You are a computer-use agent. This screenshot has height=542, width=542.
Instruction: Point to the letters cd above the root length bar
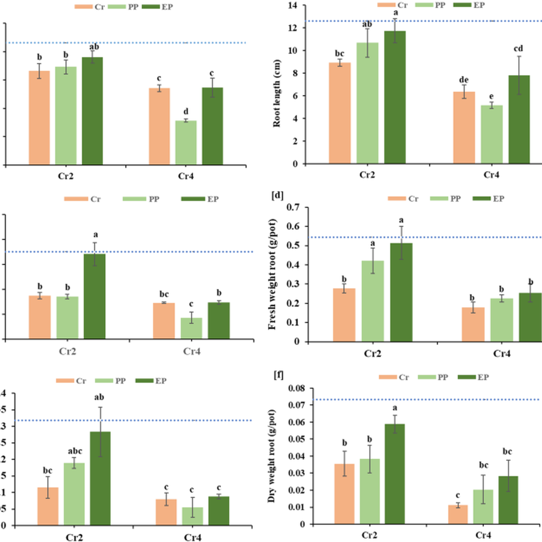click(x=519, y=49)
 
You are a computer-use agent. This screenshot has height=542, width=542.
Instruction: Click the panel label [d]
click(x=277, y=195)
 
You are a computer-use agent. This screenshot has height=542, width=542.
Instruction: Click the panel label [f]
click(x=278, y=375)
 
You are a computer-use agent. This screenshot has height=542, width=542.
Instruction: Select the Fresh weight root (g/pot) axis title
click(x=272, y=275)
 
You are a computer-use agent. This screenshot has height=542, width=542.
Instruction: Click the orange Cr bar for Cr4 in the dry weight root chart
click(x=458, y=514)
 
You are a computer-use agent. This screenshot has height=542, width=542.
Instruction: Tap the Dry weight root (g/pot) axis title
click(x=271, y=456)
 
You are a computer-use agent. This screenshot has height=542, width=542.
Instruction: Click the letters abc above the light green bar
click(x=75, y=451)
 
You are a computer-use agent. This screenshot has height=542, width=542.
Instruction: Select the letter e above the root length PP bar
click(x=491, y=97)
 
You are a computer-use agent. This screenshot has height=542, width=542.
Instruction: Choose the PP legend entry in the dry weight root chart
click(x=438, y=377)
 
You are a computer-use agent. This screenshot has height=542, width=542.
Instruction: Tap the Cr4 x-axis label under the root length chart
click(x=491, y=175)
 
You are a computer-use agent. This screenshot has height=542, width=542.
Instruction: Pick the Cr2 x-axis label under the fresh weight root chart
click(x=372, y=354)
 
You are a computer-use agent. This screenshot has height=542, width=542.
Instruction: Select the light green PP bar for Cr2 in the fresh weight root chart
click(x=373, y=301)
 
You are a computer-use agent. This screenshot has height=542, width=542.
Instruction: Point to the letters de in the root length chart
click(x=464, y=80)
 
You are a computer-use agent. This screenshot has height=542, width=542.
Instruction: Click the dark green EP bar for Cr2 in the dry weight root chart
click(x=395, y=474)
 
